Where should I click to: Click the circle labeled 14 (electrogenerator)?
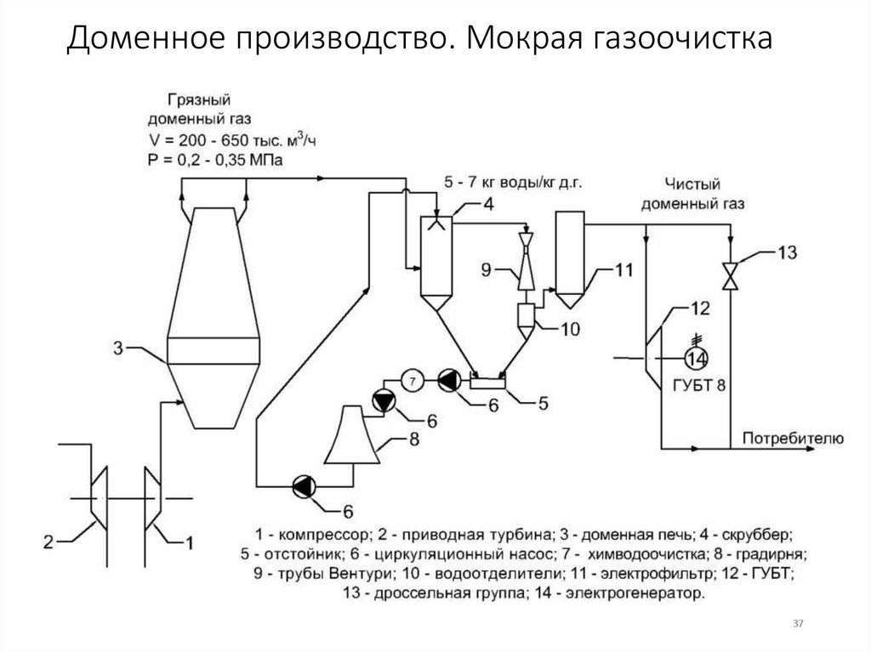coord(697,356)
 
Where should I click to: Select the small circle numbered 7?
coord(412,381)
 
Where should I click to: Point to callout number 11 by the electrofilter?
coord(625,271)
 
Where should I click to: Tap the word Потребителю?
coord(793,439)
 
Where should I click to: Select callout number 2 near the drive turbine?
coord(49,540)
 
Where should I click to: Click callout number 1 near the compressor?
coord(190,540)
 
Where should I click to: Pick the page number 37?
coord(798,625)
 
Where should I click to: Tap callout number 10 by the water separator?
coord(569,330)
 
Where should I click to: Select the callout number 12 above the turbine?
coord(699,307)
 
